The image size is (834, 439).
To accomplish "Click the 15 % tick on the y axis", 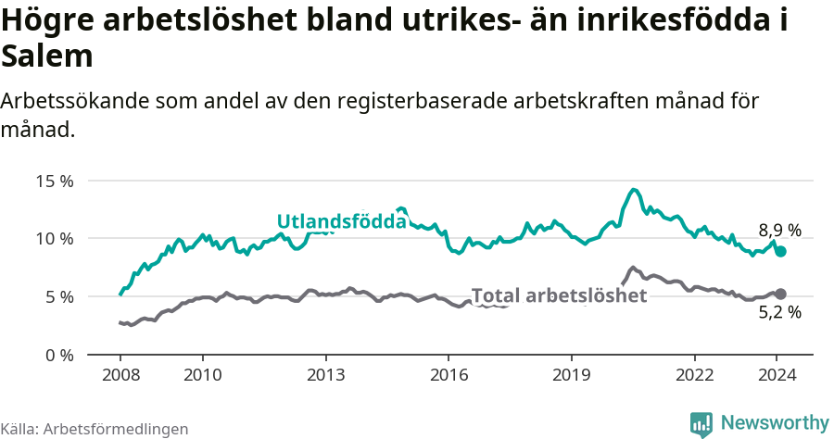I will coord(55,181).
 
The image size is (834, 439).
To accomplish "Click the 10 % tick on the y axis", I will coord(55,239).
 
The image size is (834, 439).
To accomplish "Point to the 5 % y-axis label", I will coord(59,297).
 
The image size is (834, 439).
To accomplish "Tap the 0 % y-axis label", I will coord(59,356).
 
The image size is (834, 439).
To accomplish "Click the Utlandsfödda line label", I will coord(342,221).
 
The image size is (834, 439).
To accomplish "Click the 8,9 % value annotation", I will coord(779,231).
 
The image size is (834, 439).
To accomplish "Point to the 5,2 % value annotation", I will coord(779,312).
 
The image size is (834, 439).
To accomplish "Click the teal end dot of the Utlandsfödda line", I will coord(780,251).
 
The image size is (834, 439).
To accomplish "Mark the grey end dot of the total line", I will coord(780,294).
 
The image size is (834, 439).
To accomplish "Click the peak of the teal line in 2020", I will coord(634,190).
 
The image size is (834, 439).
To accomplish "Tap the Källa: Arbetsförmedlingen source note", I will coord(95,429).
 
